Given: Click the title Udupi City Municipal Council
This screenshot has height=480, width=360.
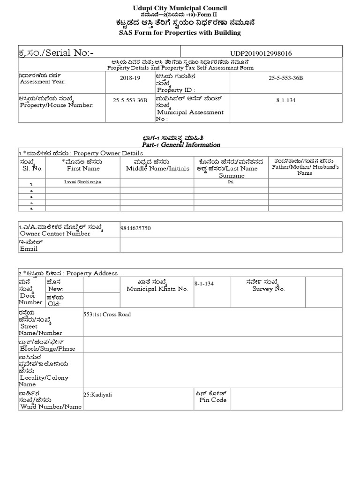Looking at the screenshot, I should pyautogui.click(x=180, y=8).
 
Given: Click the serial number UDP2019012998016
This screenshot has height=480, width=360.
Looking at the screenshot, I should pyautogui.click(x=261, y=53).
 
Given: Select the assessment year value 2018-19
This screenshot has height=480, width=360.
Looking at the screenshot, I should pyautogui.click(x=130, y=78).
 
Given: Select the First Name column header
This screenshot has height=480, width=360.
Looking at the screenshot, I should pyautogui.click(x=83, y=168).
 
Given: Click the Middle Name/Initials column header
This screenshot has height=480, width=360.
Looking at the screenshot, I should pyautogui.click(x=157, y=168).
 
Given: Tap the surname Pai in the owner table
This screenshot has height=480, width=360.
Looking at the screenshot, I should pyautogui.click(x=231, y=181).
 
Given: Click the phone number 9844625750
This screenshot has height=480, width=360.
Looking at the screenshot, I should pyautogui.click(x=136, y=228).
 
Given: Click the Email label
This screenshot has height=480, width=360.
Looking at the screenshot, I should pyautogui.click(x=29, y=249).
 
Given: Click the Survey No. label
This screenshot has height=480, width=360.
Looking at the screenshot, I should pyautogui.click(x=267, y=289).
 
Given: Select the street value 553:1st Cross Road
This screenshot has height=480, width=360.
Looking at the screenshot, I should pyautogui.click(x=107, y=314).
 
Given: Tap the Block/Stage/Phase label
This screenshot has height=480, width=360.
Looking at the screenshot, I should pyautogui.click(x=46, y=349).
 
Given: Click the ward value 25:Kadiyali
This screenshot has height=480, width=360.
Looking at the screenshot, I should pyautogui.click(x=97, y=394).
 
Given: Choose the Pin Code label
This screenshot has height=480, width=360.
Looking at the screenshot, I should pyautogui.click(x=213, y=400).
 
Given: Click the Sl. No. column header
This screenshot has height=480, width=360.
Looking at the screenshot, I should pyautogui.click(x=32, y=168).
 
